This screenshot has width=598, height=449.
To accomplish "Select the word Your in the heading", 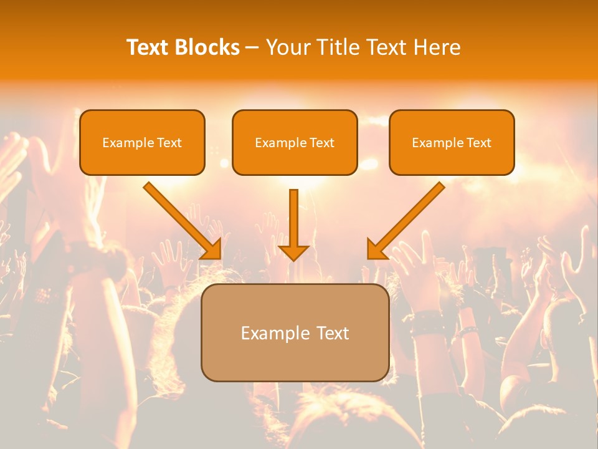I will point(287,47).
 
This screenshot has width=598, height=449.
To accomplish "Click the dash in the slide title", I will point(252,48).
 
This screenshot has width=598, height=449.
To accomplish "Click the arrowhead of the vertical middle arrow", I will point(293,252).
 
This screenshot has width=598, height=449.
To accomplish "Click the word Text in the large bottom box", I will point(332,333).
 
